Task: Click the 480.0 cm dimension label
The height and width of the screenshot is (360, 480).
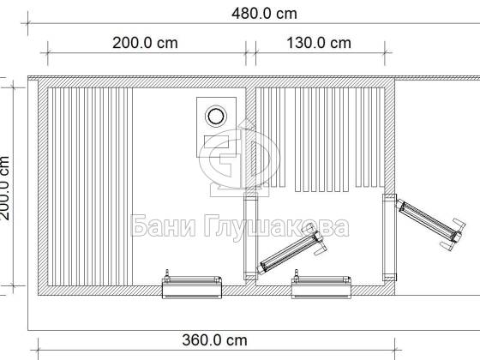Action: (x=264, y=14)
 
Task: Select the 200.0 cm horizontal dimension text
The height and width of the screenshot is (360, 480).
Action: (x=145, y=43)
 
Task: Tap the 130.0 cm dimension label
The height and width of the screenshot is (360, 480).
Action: (x=319, y=43)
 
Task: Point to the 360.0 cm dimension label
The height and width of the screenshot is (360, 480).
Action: (x=214, y=340)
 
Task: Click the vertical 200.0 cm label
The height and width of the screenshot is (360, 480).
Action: (x=4, y=188)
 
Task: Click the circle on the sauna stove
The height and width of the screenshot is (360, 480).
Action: (x=216, y=116)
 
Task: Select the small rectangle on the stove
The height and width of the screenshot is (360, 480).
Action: (x=216, y=141)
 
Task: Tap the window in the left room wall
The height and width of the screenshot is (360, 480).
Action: (x=192, y=287)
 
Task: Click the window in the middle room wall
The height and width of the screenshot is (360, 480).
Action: (x=321, y=287)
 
